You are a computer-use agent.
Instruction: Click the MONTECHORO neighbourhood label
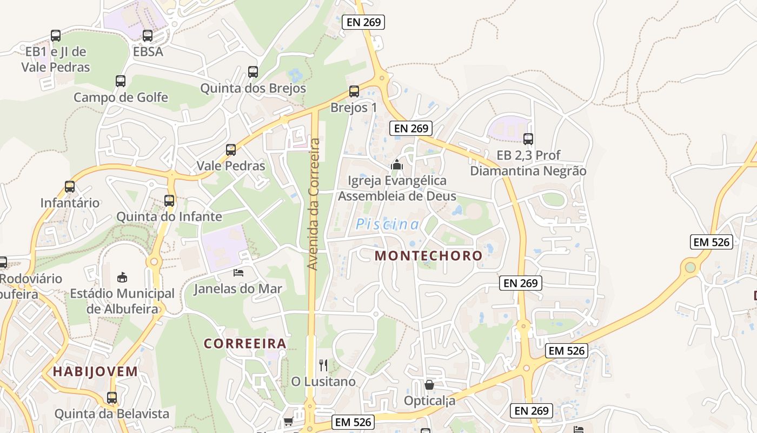tap(428, 255)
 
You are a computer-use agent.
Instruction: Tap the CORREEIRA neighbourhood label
tap(245, 344)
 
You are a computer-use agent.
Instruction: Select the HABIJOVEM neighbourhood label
tap(95, 371)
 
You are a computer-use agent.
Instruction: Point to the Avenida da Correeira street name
tap(314, 204)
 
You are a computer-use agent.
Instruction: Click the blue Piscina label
tap(388, 224)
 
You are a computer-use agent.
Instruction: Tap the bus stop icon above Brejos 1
tap(354, 91)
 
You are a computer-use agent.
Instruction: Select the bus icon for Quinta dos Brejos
tap(253, 71)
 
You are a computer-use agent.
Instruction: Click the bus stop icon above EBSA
tap(148, 36)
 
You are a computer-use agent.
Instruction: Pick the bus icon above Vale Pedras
tap(231, 149)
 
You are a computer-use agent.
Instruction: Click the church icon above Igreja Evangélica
tap(397, 164)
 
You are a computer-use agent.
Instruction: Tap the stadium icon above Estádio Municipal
tap(122, 277)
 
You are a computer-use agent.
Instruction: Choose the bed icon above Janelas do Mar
tap(238, 272)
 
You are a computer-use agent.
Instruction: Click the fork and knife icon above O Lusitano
tap(323, 365)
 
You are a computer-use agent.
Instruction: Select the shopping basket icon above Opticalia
tap(429, 385)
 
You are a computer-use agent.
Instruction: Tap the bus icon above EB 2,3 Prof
tap(528, 139)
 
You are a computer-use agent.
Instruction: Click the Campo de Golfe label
tap(121, 97)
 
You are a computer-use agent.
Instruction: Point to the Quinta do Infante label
tap(169, 216)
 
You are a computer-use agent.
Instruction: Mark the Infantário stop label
tap(70, 203)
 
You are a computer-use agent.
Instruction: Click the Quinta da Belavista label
tap(111, 414)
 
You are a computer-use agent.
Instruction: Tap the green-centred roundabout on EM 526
tap(690, 267)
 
